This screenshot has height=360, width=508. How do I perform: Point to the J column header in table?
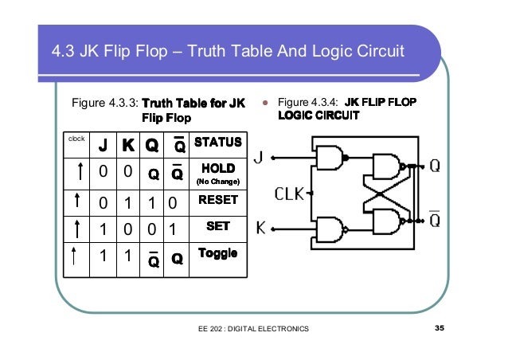[103, 146]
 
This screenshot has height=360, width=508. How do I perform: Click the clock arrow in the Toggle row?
[74, 257]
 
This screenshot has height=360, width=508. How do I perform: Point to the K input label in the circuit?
[260, 229]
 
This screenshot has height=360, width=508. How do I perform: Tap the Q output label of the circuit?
[436, 166]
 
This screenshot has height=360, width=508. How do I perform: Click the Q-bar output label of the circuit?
[436, 218]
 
